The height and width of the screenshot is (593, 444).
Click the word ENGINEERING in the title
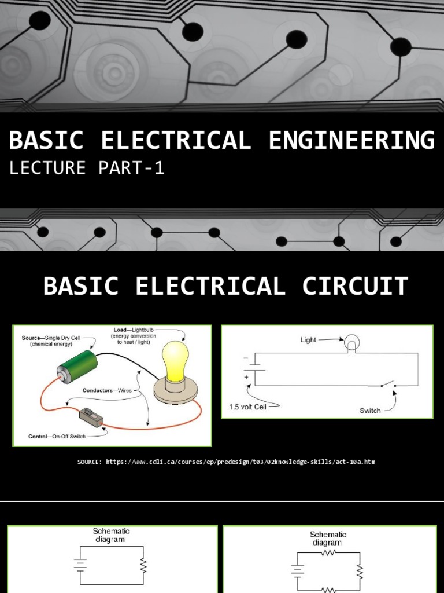[x=351, y=141]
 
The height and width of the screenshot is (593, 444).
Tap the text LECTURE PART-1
[x=87, y=168]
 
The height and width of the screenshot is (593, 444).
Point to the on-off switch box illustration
[x=91, y=417]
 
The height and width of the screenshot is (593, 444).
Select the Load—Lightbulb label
[x=135, y=331]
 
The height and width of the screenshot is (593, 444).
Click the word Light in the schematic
[x=308, y=340]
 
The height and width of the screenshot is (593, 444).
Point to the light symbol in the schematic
[x=351, y=345]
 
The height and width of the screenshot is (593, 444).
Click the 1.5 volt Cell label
[x=248, y=407]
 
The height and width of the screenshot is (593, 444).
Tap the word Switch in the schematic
[x=370, y=411]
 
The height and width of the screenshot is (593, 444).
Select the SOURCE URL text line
[x=226, y=462]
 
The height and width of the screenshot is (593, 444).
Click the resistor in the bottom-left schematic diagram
[x=143, y=565]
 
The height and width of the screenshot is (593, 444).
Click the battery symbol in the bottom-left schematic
[x=80, y=565]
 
